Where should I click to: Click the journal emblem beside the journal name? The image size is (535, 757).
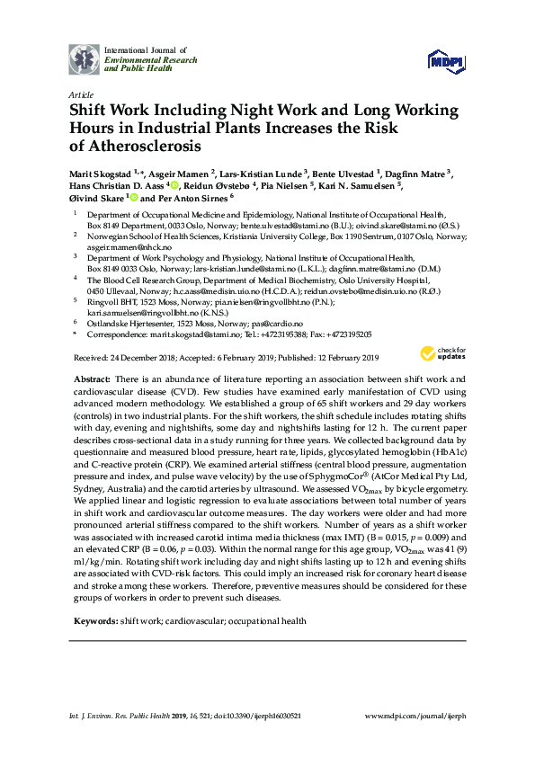tap(85, 58)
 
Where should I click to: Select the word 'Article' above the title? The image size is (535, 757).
tap(80, 94)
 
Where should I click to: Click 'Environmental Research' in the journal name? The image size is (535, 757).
tap(144, 58)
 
